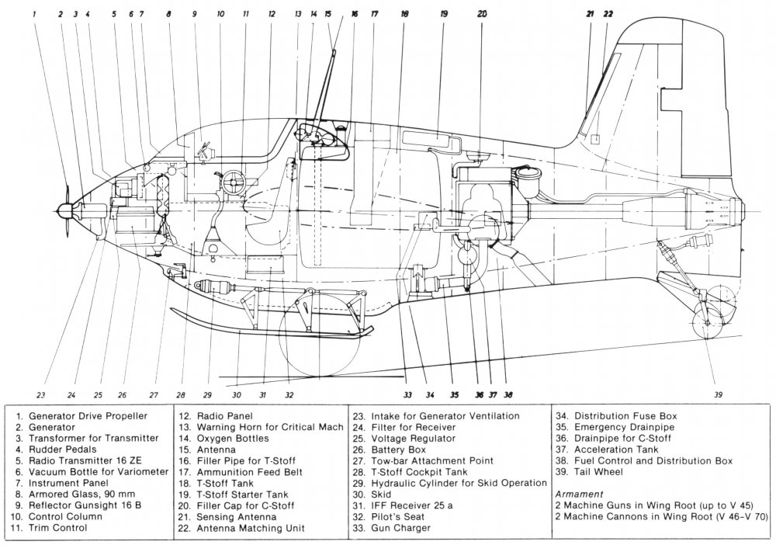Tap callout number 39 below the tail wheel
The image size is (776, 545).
coord(718,394)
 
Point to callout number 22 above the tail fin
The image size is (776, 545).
coord(608,14)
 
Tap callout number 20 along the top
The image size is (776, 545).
coord(482,14)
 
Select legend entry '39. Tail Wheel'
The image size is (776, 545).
coord(598,471)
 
